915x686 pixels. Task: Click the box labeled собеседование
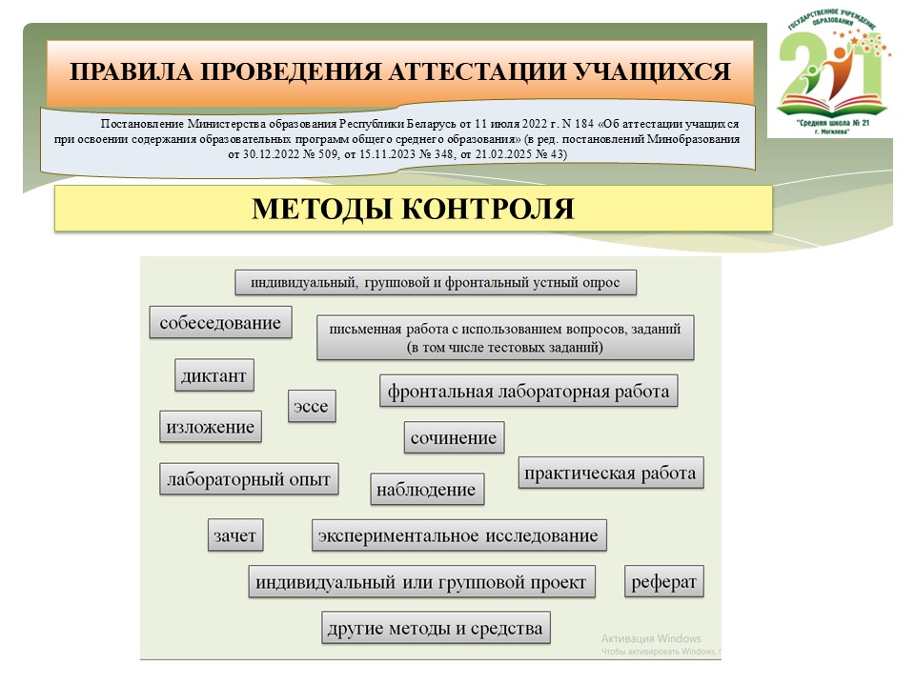[x=220, y=323]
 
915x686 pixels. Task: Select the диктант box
[x=213, y=376]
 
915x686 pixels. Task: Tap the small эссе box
[x=312, y=407]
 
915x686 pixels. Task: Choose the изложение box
[x=210, y=427]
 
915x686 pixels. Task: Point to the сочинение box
[x=454, y=438]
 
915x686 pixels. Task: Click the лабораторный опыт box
[x=248, y=479]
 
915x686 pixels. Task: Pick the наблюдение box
[x=426, y=490]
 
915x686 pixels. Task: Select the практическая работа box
[x=611, y=473]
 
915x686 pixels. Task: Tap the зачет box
[x=235, y=536]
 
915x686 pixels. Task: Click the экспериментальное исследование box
[x=458, y=535]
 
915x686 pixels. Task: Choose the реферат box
[x=664, y=582]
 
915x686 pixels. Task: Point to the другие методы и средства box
[x=435, y=628]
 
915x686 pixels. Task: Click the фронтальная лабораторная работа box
[x=528, y=392]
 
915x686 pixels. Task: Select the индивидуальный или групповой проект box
[x=421, y=582]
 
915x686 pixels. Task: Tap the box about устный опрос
[x=435, y=283]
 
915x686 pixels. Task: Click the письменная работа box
[x=504, y=337]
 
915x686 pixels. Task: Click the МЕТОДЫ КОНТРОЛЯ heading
[x=413, y=209]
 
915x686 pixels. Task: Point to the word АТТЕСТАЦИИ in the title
[x=460, y=72]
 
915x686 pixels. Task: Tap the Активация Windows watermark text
[x=651, y=638]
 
